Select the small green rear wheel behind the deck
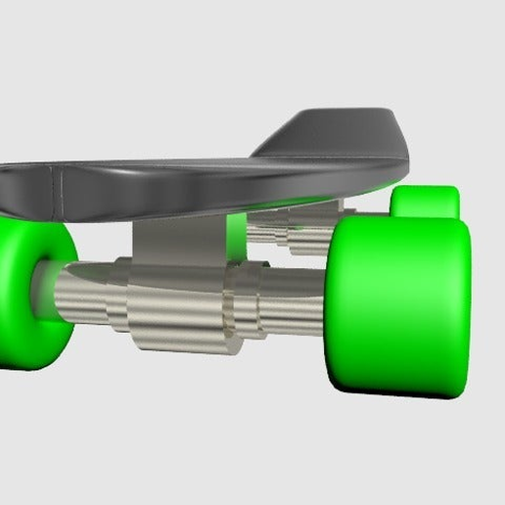[427, 202]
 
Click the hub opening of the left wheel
[43, 289]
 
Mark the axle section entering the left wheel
[78, 294]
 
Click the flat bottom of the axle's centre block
[181, 345]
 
